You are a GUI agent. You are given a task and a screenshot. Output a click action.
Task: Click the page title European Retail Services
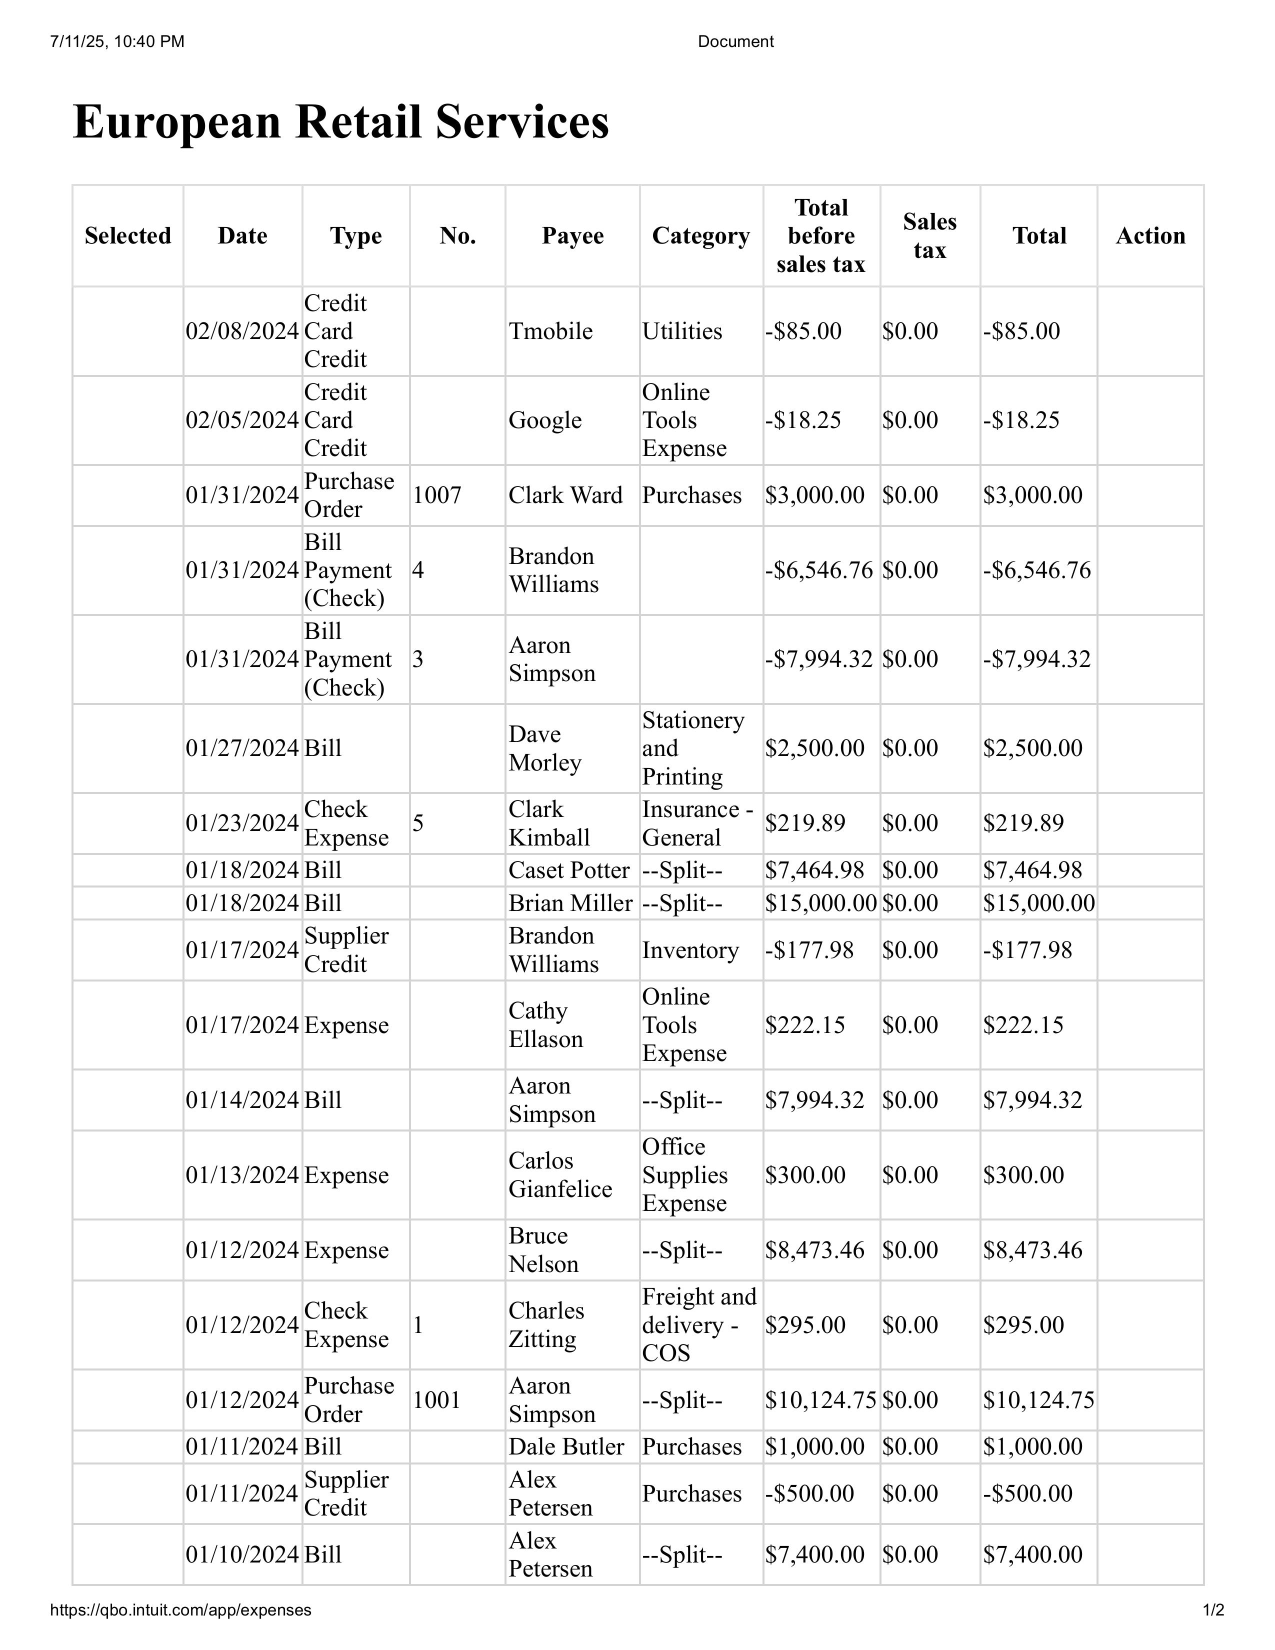[x=340, y=121]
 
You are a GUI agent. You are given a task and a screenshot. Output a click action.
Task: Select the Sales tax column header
[x=929, y=235]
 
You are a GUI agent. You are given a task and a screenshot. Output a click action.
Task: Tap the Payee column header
[x=572, y=235]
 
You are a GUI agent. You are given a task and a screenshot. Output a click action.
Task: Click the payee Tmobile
[x=550, y=331]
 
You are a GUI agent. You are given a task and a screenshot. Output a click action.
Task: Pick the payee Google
[x=544, y=420]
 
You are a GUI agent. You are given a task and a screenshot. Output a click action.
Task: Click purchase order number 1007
[x=436, y=495]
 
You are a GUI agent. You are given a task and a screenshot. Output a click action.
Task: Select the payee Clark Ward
[x=565, y=495]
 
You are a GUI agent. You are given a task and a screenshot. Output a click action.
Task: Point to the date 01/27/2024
[x=241, y=748]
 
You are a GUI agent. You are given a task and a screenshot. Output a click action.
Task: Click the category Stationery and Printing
[x=692, y=748]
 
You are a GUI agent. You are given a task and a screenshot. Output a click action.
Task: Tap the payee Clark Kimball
[x=548, y=822]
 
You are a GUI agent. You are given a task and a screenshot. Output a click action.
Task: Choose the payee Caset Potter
[x=568, y=870]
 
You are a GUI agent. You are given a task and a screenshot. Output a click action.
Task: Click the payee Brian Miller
[x=570, y=903]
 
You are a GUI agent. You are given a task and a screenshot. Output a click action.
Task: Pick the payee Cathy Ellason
[x=545, y=1024]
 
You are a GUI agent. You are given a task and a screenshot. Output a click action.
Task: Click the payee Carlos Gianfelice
[x=559, y=1175]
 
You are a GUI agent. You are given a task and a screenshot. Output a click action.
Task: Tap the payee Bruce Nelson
[x=543, y=1249]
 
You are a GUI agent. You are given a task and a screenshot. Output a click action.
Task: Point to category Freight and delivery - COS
[x=698, y=1324]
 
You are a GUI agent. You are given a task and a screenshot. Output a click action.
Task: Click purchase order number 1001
[x=436, y=1400]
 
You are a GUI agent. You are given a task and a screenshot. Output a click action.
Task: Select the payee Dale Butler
[x=565, y=1446]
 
